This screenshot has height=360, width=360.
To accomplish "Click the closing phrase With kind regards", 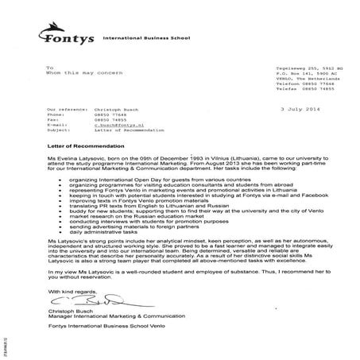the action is (72, 289).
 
